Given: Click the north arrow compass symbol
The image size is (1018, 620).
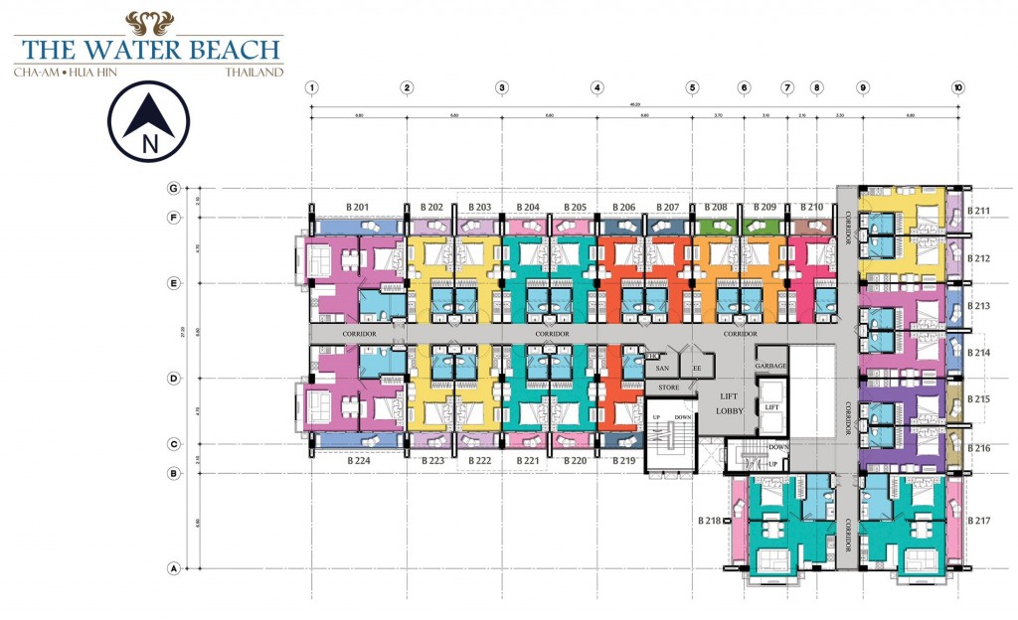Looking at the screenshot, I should tap(150, 121).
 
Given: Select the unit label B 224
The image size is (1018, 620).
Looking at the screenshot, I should tap(359, 461).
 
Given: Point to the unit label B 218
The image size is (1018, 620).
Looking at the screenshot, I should tap(709, 521).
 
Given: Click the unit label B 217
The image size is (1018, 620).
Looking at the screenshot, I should tap(979, 521).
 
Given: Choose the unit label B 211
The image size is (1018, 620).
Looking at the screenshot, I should tap(979, 211).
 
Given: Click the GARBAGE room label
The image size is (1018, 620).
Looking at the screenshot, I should tap(770, 367).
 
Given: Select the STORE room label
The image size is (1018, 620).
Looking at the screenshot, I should tap(668, 387).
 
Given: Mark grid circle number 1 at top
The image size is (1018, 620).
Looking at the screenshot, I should tap(312, 87).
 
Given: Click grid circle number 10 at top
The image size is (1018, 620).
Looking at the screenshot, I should tap(957, 87).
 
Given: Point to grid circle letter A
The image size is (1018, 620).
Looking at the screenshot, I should tap(173, 569).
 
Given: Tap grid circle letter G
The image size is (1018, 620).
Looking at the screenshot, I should tap(173, 188).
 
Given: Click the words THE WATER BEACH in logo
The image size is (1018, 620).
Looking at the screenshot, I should tap(149, 50).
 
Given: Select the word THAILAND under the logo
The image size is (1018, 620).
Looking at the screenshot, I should tap(254, 73).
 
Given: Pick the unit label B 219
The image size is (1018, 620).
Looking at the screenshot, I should tap(623, 461).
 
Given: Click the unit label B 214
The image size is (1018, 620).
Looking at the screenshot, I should tap(979, 353).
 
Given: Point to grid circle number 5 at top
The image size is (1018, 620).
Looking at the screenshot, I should tap(692, 87).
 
